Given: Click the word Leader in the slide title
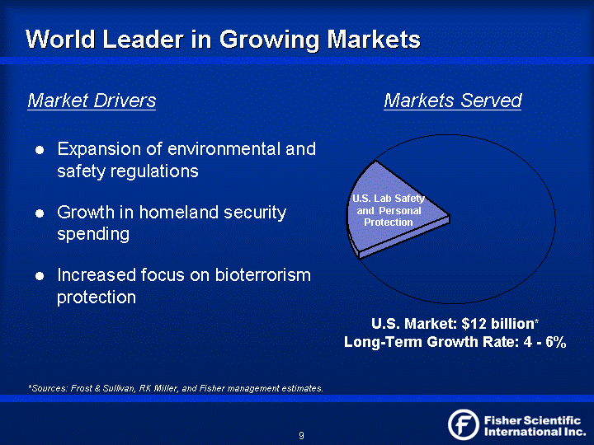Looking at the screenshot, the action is (x=144, y=40).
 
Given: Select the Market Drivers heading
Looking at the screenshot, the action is (x=92, y=101).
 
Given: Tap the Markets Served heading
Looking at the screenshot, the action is (x=453, y=101).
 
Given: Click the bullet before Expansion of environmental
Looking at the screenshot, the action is (x=40, y=150).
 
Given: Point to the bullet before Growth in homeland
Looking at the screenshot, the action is (x=40, y=213).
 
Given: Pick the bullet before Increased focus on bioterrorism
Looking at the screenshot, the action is (x=40, y=276).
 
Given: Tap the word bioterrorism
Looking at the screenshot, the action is (x=263, y=275).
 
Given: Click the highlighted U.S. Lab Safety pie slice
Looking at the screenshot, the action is (x=394, y=212).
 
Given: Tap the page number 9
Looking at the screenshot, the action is (x=301, y=436).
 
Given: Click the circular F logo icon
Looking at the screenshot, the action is (x=464, y=424).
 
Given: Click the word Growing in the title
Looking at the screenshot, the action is (x=269, y=40).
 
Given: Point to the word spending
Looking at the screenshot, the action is (x=93, y=235).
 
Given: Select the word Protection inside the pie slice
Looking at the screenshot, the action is (x=389, y=222).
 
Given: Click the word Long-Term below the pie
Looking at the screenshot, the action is (x=383, y=342).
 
